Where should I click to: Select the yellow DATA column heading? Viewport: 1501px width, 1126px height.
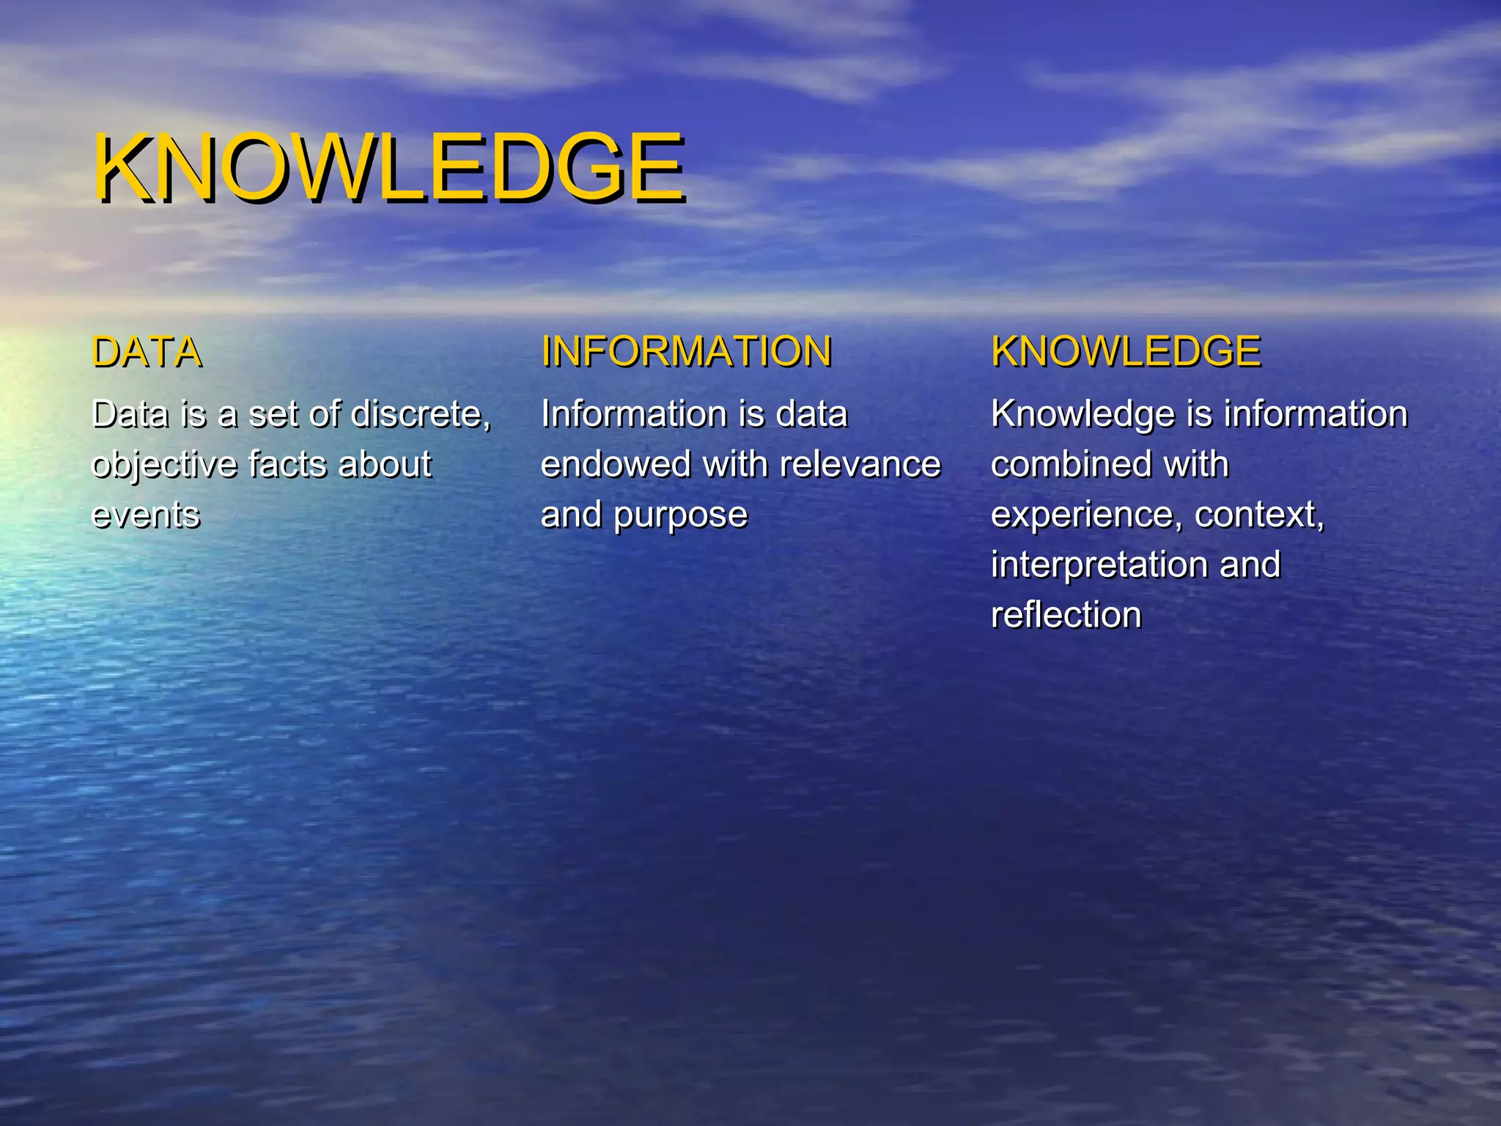click(147, 352)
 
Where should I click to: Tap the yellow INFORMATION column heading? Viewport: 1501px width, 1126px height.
click(686, 351)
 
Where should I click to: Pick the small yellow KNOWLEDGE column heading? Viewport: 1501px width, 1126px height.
click(1125, 351)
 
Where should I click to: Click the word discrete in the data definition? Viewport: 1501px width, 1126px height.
click(420, 414)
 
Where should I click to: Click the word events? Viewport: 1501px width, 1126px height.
click(145, 515)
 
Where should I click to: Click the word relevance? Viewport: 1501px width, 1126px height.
click(860, 465)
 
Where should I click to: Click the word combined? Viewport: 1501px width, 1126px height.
click(1060, 465)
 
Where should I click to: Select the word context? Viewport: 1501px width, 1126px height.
click(1258, 515)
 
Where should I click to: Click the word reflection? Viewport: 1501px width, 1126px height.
click(1066, 614)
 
